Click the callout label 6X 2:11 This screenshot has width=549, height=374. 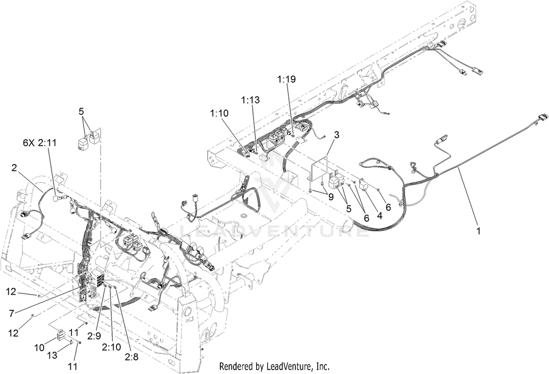click(x=40, y=143)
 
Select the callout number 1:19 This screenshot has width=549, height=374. click(x=286, y=79)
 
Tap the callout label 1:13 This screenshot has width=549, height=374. click(x=250, y=100)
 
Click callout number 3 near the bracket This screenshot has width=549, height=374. click(x=337, y=135)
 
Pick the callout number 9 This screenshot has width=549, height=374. click(x=331, y=197)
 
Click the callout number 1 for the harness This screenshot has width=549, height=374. click(x=478, y=231)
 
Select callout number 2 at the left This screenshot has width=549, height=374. click(x=14, y=168)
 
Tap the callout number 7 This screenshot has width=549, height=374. click(x=11, y=314)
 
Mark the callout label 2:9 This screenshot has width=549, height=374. click(x=94, y=336)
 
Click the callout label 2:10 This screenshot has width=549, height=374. click(x=112, y=347)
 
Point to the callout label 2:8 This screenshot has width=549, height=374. click(x=132, y=357)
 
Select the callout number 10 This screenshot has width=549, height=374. click(x=39, y=348)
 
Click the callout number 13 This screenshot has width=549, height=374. click(x=52, y=355)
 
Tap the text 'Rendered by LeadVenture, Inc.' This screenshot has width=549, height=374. click(x=274, y=366)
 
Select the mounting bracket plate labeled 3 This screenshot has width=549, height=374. click(x=319, y=169)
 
